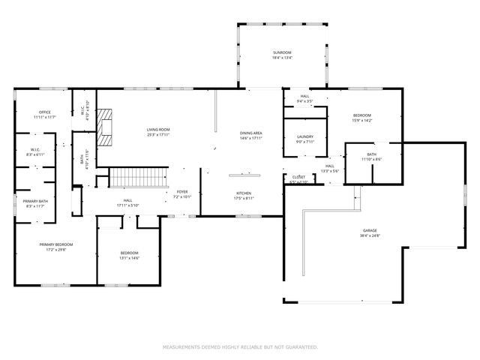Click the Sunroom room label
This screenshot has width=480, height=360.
(x=282, y=54)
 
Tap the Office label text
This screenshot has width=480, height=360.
(x=45, y=115)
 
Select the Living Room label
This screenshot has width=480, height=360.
(x=158, y=132)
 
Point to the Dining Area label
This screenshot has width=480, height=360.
(x=250, y=136)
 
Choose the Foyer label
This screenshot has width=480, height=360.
(x=183, y=193)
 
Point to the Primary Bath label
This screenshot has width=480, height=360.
(x=35, y=203)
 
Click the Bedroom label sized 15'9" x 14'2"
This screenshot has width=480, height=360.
(x=362, y=117)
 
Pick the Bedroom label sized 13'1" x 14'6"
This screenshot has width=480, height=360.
(x=130, y=256)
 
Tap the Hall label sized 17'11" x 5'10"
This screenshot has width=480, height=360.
(x=128, y=202)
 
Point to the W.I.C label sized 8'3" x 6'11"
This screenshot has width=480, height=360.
(x=35, y=152)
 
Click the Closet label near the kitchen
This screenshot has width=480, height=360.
(x=298, y=180)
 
